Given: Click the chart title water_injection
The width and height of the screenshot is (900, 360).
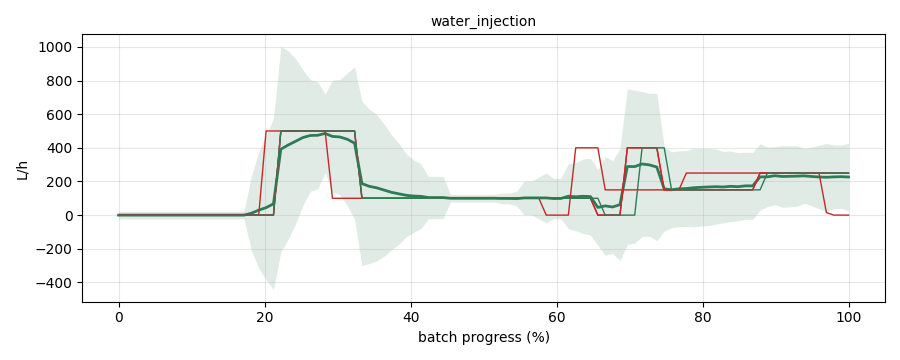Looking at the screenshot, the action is click(x=483, y=21).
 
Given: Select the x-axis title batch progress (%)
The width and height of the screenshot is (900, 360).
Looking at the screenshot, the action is click(x=483, y=337).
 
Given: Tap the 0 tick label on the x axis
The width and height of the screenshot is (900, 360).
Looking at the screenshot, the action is click(x=119, y=316).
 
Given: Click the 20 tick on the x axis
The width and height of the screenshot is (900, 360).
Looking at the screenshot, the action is click(x=265, y=316).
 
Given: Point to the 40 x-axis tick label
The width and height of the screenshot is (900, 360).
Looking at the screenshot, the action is click(x=411, y=316).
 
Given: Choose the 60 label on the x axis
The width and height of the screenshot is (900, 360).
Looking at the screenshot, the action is click(x=557, y=316).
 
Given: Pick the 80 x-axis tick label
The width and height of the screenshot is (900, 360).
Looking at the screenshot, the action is click(x=703, y=316).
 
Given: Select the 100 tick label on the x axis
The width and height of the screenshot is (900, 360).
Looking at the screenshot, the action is click(x=849, y=316).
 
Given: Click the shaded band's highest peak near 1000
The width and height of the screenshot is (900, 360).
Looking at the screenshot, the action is click(x=281, y=48).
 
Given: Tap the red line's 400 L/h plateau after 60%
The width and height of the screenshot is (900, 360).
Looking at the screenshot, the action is click(x=587, y=148).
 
